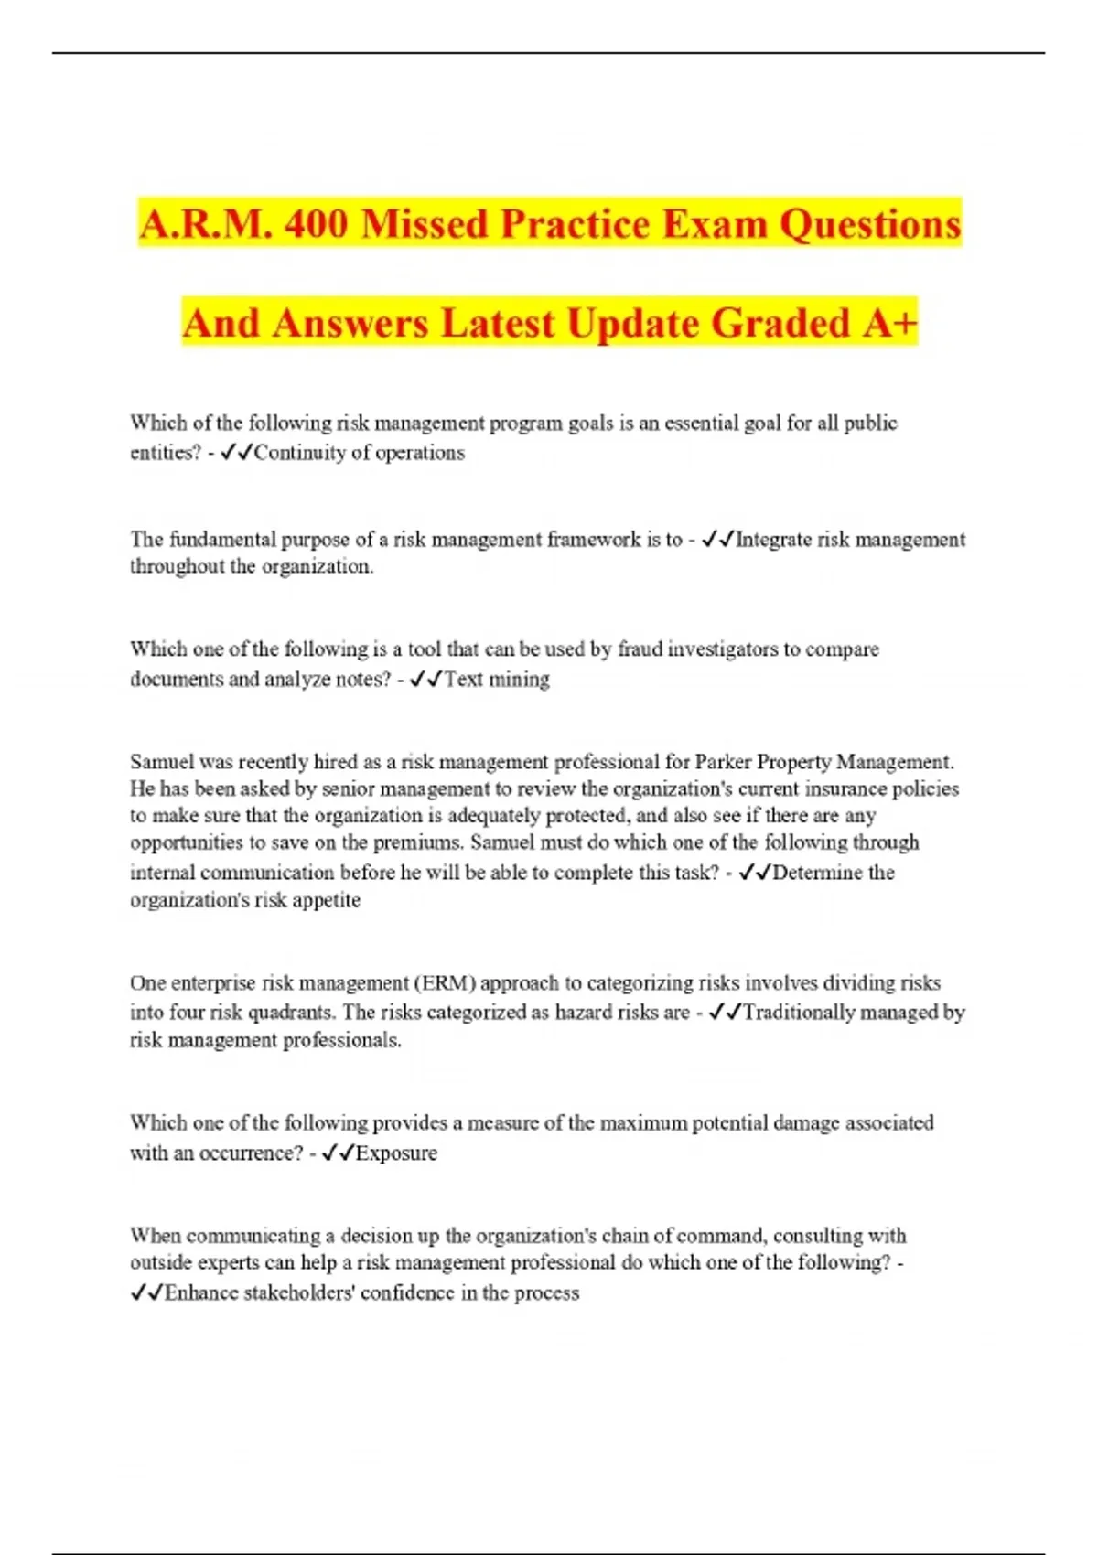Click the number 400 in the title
(316, 224)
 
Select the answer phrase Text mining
(497, 680)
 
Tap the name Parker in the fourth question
(723, 762)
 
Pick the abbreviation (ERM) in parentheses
(446, 983)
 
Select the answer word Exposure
(396, 1153)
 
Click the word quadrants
(289, 1013)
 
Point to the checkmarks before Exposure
(338, 1153)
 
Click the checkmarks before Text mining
(426, 680)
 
